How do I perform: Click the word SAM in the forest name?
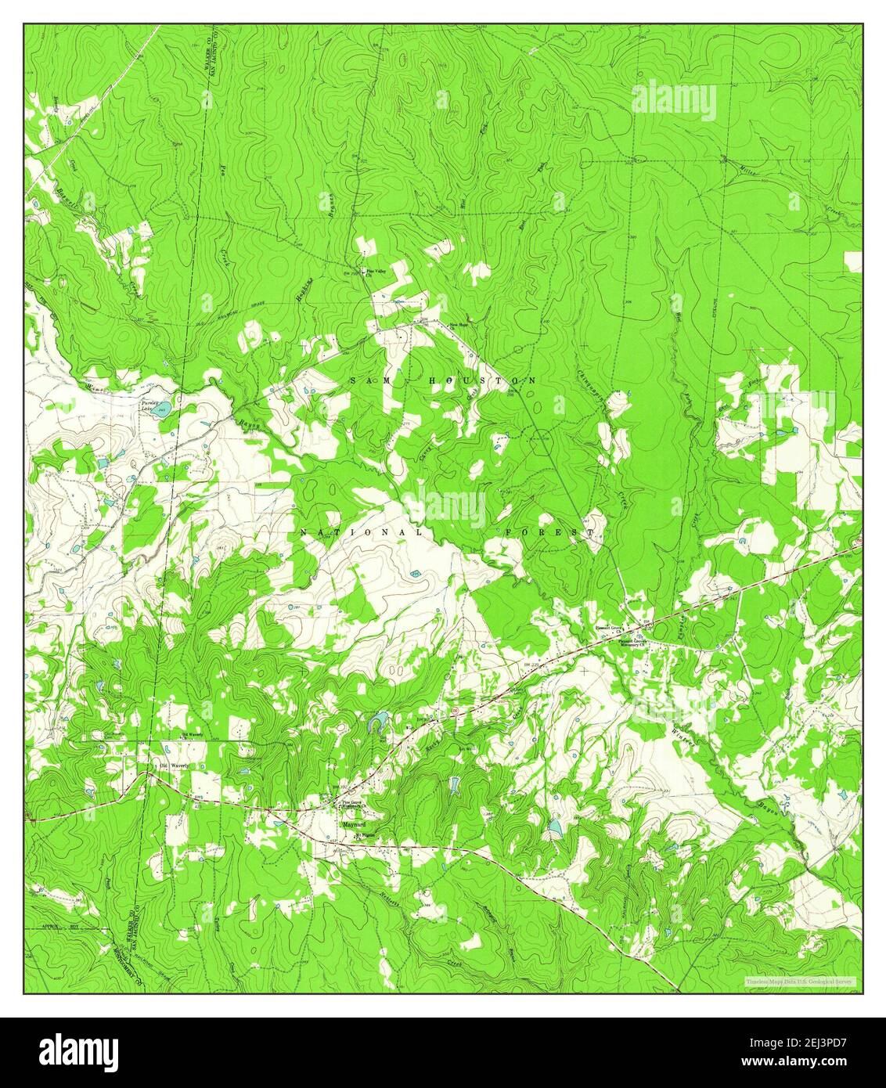click(366, 380)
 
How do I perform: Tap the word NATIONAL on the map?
click(361, 531)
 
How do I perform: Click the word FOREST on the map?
click(548, 531)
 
